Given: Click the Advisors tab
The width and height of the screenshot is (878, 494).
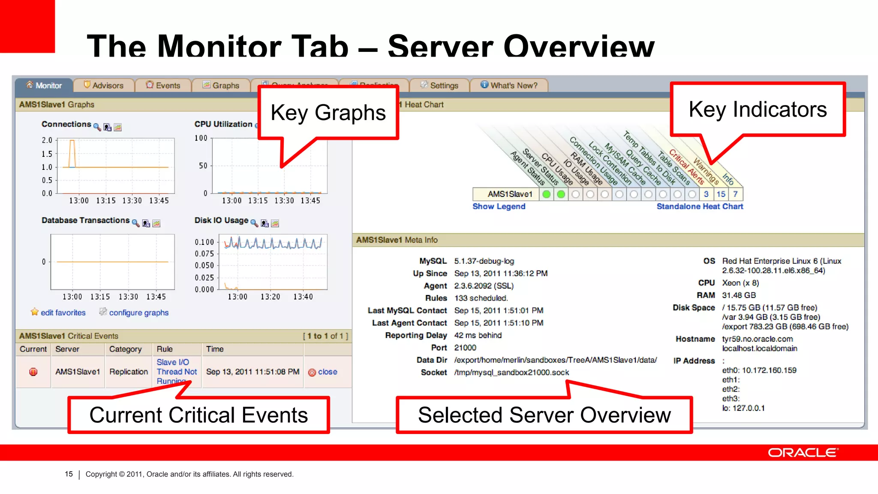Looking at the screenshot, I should click(104, 85).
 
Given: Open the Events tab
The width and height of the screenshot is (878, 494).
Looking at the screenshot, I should click(163, 85).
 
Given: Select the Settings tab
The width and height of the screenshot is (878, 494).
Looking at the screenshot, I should click(439, 85).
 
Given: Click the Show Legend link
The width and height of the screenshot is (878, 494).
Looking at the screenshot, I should click(499, 206).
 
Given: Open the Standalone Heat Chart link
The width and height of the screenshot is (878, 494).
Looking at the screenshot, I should click(700, 206).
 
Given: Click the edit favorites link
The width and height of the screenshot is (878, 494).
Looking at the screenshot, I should click(63, 313).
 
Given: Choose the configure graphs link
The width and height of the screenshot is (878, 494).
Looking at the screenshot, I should click(138, 313).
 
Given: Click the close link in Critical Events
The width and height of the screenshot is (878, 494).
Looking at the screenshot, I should click(327, 372).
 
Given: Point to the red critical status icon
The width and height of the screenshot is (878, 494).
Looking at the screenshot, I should click(33, 372).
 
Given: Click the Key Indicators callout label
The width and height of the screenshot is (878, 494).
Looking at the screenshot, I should click(758, 109).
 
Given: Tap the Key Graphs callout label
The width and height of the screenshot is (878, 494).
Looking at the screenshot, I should click(328, 113).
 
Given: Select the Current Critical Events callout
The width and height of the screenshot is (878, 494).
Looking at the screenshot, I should click(198, 415).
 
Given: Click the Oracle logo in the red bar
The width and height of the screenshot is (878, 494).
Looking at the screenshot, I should click(803, 453).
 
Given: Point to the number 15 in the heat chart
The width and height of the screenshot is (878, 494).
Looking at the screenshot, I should click(721, 194).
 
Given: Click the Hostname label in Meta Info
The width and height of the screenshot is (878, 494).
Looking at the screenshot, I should click(695, 339).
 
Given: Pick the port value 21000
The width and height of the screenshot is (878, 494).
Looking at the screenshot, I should click(465, 347).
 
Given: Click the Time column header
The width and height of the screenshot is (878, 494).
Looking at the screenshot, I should click(215, 349).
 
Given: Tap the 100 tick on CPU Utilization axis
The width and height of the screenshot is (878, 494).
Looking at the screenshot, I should click(201, 138).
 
